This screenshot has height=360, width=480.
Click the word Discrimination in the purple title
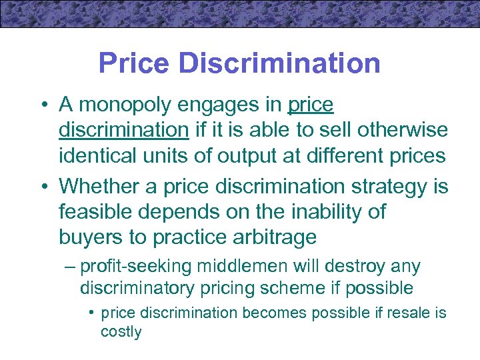[280, 63]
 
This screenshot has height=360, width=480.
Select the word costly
[121, 331]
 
